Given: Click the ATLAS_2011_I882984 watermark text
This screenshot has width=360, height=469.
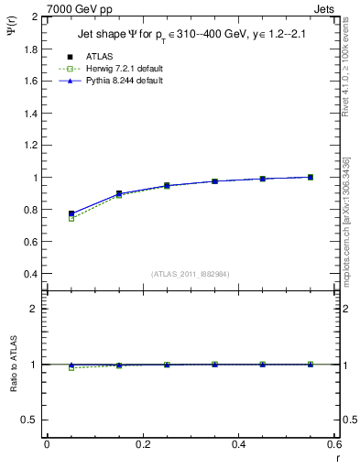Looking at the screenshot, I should [x=191, y=274].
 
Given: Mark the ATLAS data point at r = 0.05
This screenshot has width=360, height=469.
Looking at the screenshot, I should [x=71, y=213].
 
